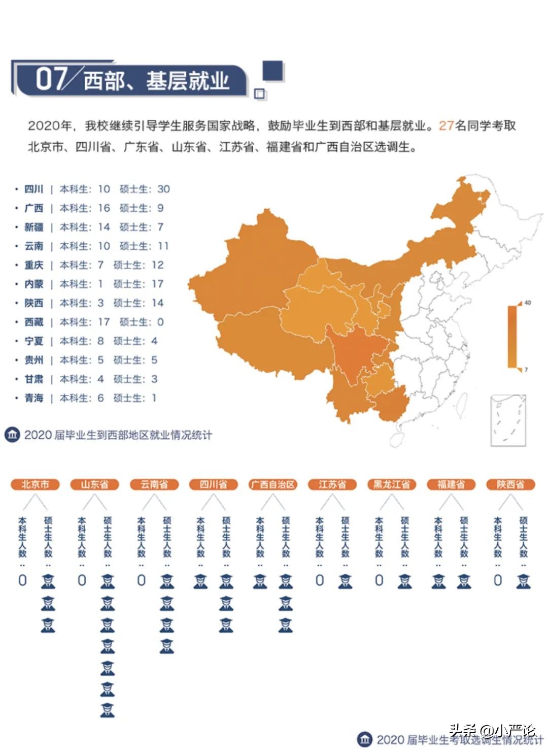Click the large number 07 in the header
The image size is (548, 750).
coord(51,79)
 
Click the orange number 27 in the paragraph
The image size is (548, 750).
coord(446,125)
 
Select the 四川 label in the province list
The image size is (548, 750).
coord(34,189)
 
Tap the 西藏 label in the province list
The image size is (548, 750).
coord(34,322)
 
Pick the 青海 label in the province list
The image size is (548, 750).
coord(34,399)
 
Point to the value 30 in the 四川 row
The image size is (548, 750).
coord(163,189)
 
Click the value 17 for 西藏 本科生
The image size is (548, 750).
coord(104,322)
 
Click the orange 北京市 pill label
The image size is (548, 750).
coord(35,484)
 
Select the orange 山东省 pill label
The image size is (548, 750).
coord(94,484)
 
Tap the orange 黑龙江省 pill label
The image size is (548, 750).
coord(392,484)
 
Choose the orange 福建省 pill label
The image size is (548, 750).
coord(451,484)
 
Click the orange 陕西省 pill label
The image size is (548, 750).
coord(510,484)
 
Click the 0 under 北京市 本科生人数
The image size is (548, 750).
coord(22,580)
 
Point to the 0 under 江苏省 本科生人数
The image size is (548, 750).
coord(320,580)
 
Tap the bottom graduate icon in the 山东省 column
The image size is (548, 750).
coord(107,709)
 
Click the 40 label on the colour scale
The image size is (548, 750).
coord(528,303)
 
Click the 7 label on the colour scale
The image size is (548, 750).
coord(526,370)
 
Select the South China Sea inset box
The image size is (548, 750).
coord(508,421)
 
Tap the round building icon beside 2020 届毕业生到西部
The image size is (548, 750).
coord(12,435)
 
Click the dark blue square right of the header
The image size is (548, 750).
coord(273,71)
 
